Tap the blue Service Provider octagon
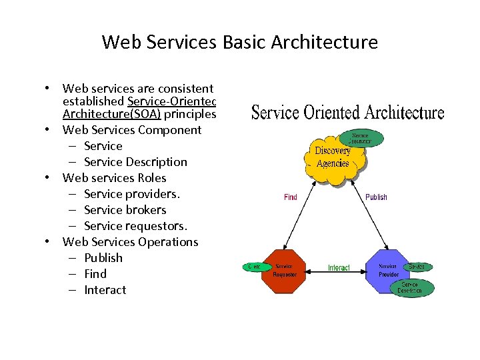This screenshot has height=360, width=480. (x=388, y=270)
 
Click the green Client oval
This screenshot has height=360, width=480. (x=253, y=267)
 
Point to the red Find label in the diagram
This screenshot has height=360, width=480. (x=291, y=197)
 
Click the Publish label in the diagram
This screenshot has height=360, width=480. (x=376, y=197)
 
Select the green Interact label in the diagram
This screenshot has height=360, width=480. (x=339, y=268)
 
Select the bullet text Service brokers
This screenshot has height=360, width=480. (x=125, y=210)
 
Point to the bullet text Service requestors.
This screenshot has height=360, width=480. (x=135, y=226)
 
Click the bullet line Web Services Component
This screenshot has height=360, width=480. (x=131, y=130)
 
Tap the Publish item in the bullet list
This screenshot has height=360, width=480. (x=103, y=258)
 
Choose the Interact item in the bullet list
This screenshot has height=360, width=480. (x=105, y=290)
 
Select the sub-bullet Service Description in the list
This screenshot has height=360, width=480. (x=135, y=162)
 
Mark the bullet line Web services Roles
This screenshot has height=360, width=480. (x=114, y=178)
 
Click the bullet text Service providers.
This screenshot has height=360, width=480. (x=132, y=194)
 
